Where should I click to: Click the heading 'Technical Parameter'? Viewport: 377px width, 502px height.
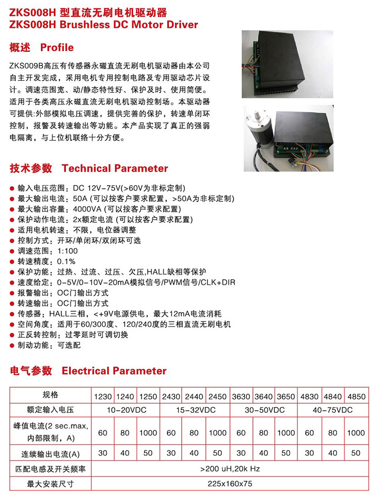click(115, 168)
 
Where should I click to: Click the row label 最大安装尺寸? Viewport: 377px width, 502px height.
click(51, 484)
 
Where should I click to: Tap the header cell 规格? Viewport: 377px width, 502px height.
click(51, 396)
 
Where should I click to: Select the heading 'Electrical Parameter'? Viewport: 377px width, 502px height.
click(114, 371)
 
